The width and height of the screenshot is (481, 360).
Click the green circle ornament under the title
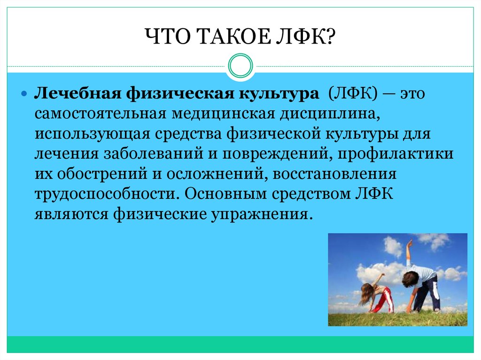click(240, 66)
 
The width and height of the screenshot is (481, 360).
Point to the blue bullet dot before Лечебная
click(24, 93)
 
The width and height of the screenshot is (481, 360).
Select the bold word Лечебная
click(78, 93)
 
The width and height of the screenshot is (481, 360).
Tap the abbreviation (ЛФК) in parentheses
click(353, 93)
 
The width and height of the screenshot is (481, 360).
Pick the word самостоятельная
click(101, 114)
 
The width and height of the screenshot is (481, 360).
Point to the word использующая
click(93, 134)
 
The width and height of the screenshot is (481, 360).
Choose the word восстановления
click(334, 174)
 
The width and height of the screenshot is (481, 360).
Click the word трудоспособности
click(105, 194)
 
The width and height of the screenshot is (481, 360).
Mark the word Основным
click(225, 194)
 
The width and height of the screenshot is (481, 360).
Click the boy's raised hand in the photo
click(409, 245)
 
